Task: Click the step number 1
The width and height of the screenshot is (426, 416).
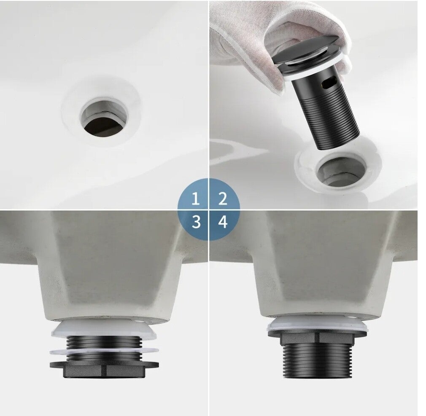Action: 195,199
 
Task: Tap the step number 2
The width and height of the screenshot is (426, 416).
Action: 223,199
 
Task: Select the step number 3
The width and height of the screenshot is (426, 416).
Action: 196,222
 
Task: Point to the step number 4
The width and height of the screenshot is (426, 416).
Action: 223,222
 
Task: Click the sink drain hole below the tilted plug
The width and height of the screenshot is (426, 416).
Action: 340,172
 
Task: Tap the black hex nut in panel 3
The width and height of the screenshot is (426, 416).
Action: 105,369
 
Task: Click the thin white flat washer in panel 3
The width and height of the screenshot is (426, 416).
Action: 104,352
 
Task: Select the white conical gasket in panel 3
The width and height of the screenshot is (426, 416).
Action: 105,329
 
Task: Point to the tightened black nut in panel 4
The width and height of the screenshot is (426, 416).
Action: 318,336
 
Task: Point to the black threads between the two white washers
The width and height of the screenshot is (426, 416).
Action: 104,341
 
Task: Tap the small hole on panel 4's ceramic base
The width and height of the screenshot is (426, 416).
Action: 352,317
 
